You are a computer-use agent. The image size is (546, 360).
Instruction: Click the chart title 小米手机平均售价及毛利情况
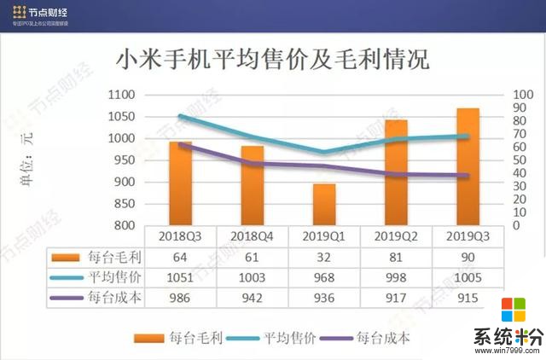pos(272,61)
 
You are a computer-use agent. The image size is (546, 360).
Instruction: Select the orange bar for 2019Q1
pos(324,205)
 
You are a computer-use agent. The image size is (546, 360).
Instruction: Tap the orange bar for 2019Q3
pos(468,166)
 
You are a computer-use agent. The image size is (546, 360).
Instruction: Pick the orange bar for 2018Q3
pos(180,183)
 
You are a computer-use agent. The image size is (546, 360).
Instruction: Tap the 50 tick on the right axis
pos(516,160)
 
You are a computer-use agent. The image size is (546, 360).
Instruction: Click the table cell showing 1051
pos(180,278)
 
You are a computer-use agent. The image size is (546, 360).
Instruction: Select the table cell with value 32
pos(324,257)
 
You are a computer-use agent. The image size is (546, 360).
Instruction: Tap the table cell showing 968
pos(324,278)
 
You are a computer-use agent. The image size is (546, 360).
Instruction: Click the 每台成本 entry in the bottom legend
pos(379,338)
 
